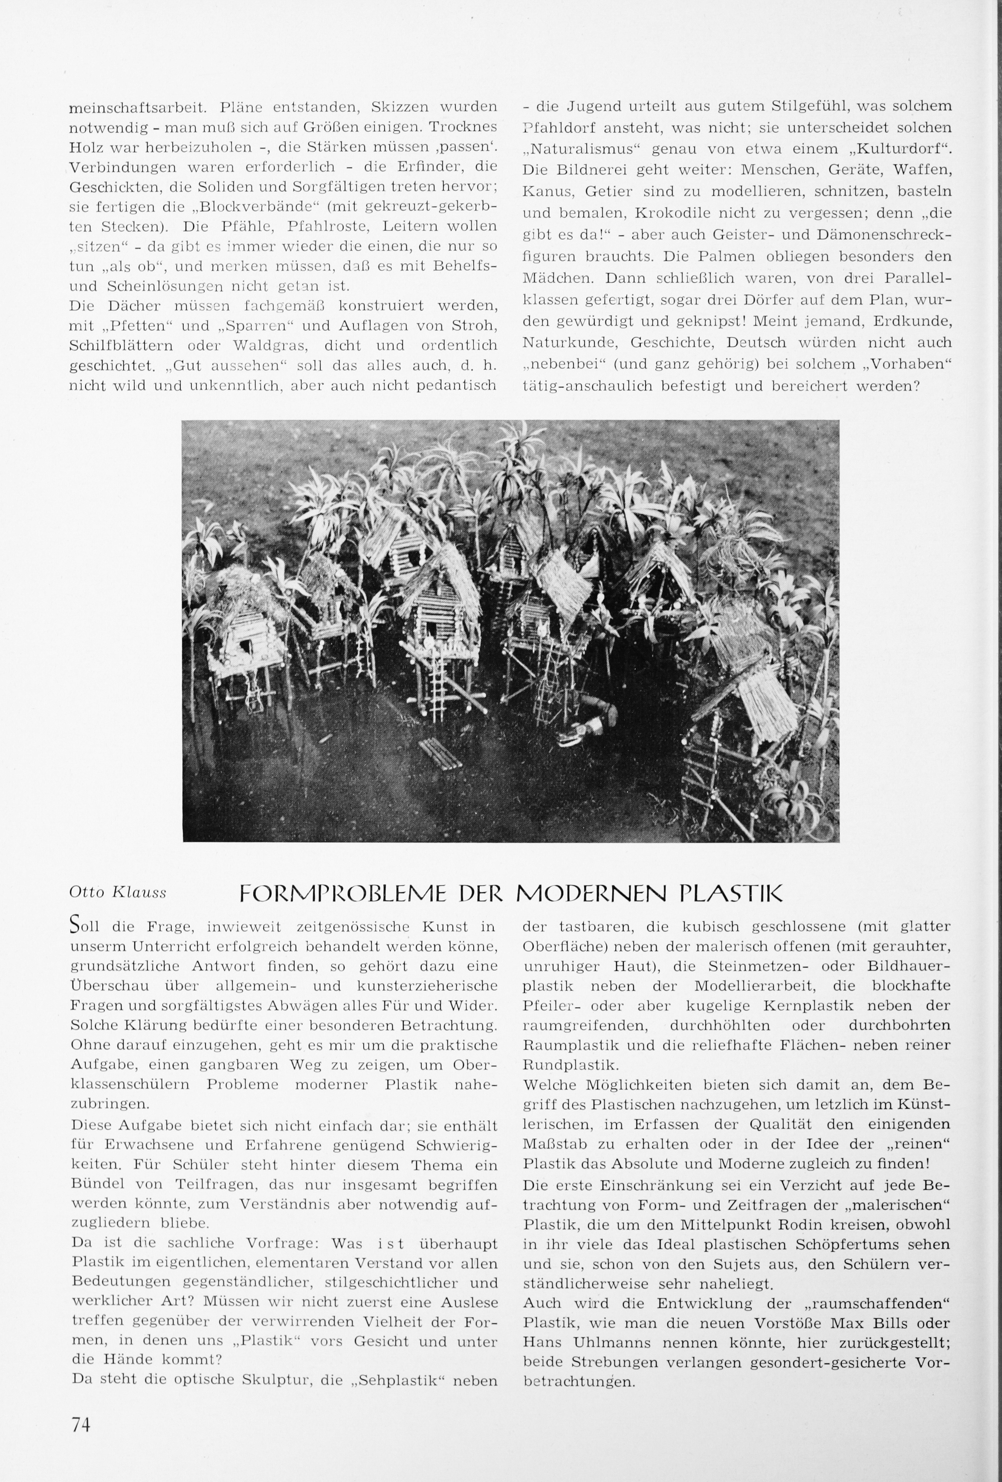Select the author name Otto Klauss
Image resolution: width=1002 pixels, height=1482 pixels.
pos(117,893)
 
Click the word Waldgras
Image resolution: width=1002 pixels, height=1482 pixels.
pos(274,345)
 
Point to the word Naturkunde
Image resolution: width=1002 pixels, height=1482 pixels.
pos(570,342)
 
